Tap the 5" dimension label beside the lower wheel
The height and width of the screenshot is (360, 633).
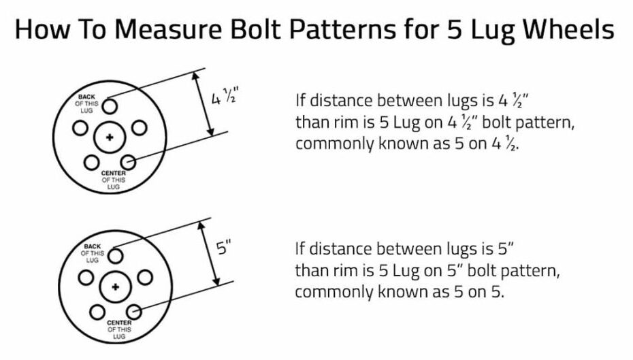[224, 248]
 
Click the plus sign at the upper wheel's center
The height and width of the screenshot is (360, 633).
[109, 137]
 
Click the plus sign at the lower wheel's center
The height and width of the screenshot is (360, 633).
[115, 286]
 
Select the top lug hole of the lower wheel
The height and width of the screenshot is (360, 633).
[116, 255]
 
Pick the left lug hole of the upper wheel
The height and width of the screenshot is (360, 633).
[80, 128]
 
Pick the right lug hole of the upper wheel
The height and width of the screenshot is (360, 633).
[139, 128]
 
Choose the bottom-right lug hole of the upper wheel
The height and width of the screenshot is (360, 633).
[128, 162]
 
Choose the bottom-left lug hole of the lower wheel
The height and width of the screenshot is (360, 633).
[97, 312]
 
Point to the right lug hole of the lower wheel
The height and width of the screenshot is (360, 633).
[145, 277]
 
